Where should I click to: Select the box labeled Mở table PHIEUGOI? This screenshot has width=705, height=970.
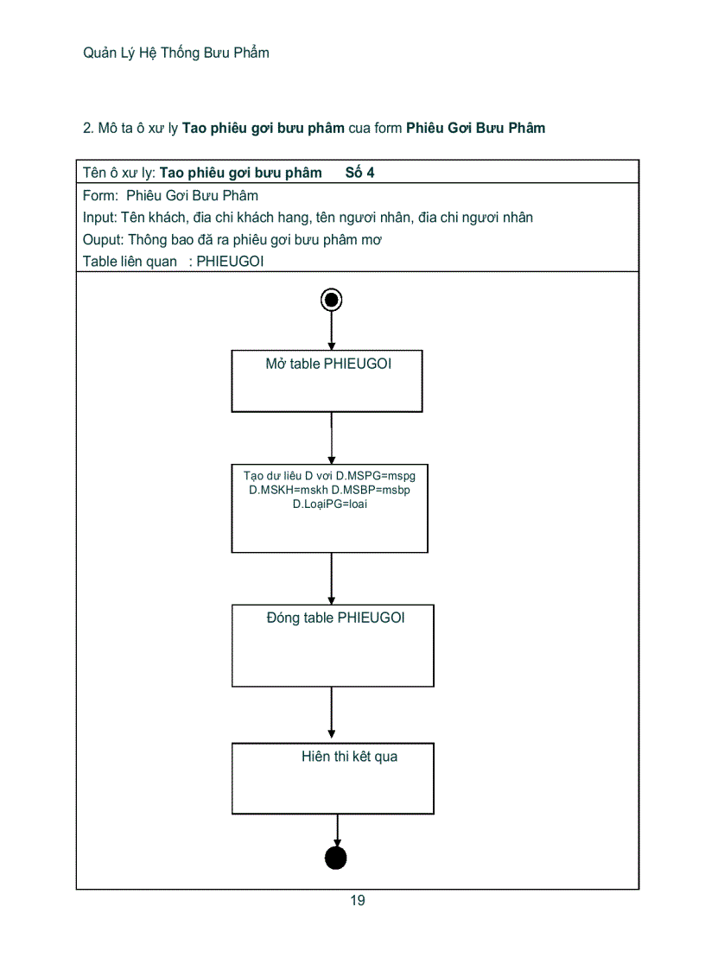click(327, 381)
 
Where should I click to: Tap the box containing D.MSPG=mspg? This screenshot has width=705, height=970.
click(329, 509)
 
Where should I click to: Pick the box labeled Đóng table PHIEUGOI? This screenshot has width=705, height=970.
click(333, 645)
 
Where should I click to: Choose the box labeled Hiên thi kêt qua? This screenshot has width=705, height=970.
click(333, 778)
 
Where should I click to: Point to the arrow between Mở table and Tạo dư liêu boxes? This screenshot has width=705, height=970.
click(332, 438)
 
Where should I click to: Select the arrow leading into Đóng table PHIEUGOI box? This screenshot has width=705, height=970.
click(332, 578)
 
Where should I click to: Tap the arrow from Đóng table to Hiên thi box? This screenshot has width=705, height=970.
click(332, 714)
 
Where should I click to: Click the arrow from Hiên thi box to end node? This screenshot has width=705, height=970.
click(336, 830)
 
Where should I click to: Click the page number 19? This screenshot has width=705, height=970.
click(358, 901)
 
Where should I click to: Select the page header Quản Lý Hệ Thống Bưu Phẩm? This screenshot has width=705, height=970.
click(176, 53)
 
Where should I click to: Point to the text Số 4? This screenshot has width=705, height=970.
click(359, 173)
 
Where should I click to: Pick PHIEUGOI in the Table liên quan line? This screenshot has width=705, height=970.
click(230, 262)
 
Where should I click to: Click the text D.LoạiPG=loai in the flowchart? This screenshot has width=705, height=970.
click(329, 504)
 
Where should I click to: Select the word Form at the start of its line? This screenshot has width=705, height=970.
click(98, 195)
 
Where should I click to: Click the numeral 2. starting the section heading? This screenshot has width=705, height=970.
click(88, 128)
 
